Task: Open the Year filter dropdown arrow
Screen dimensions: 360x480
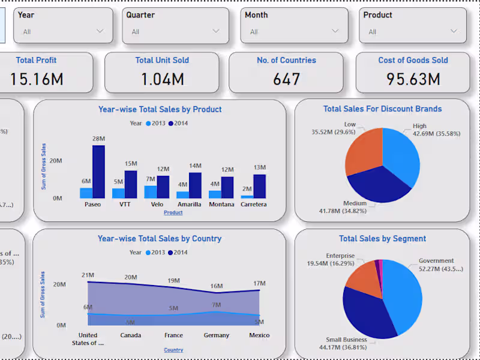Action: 100,31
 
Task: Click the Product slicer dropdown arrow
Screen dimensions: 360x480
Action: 454,31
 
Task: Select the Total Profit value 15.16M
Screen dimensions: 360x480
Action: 37,79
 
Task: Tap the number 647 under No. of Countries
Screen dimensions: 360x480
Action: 286,79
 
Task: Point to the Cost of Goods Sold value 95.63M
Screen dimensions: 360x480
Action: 413,79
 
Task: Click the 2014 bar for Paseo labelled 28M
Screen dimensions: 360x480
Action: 98,172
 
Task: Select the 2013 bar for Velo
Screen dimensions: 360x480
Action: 151,192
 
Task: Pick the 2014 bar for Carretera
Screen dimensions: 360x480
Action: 259,186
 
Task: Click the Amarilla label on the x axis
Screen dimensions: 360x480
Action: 190,205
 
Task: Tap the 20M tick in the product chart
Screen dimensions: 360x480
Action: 56,161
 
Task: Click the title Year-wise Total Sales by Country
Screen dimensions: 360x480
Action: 159,239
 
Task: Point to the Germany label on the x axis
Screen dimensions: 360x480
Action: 217,335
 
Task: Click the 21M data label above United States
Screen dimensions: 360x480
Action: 88,275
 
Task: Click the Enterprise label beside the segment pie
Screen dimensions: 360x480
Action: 340,256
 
